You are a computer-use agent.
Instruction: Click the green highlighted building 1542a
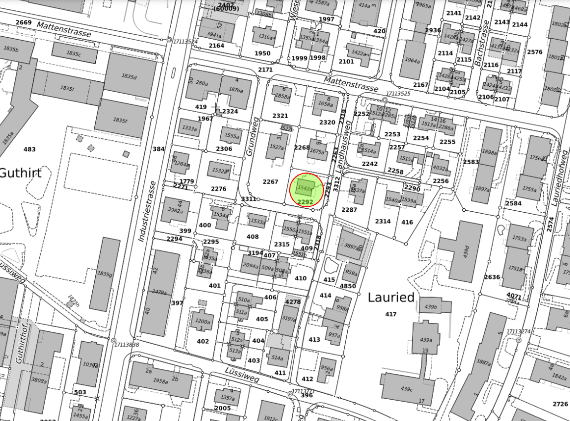click(x=304, y=188)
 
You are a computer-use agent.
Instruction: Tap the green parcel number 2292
click(x=305, y=202)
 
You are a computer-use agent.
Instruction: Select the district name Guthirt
click(x=20, y=173)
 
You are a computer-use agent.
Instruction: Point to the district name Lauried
click(x=390, y=298)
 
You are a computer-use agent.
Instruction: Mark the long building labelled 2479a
click(x=160, y=292)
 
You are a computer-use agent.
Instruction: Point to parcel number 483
click(x=30, y=149)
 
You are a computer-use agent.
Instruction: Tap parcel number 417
click(x=390, y=314)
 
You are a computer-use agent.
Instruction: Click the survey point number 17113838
click(x=127, y=344)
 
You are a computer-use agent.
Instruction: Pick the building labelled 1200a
click(x=203, y=321)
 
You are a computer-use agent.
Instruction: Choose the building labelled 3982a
click(x=175, y=210)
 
